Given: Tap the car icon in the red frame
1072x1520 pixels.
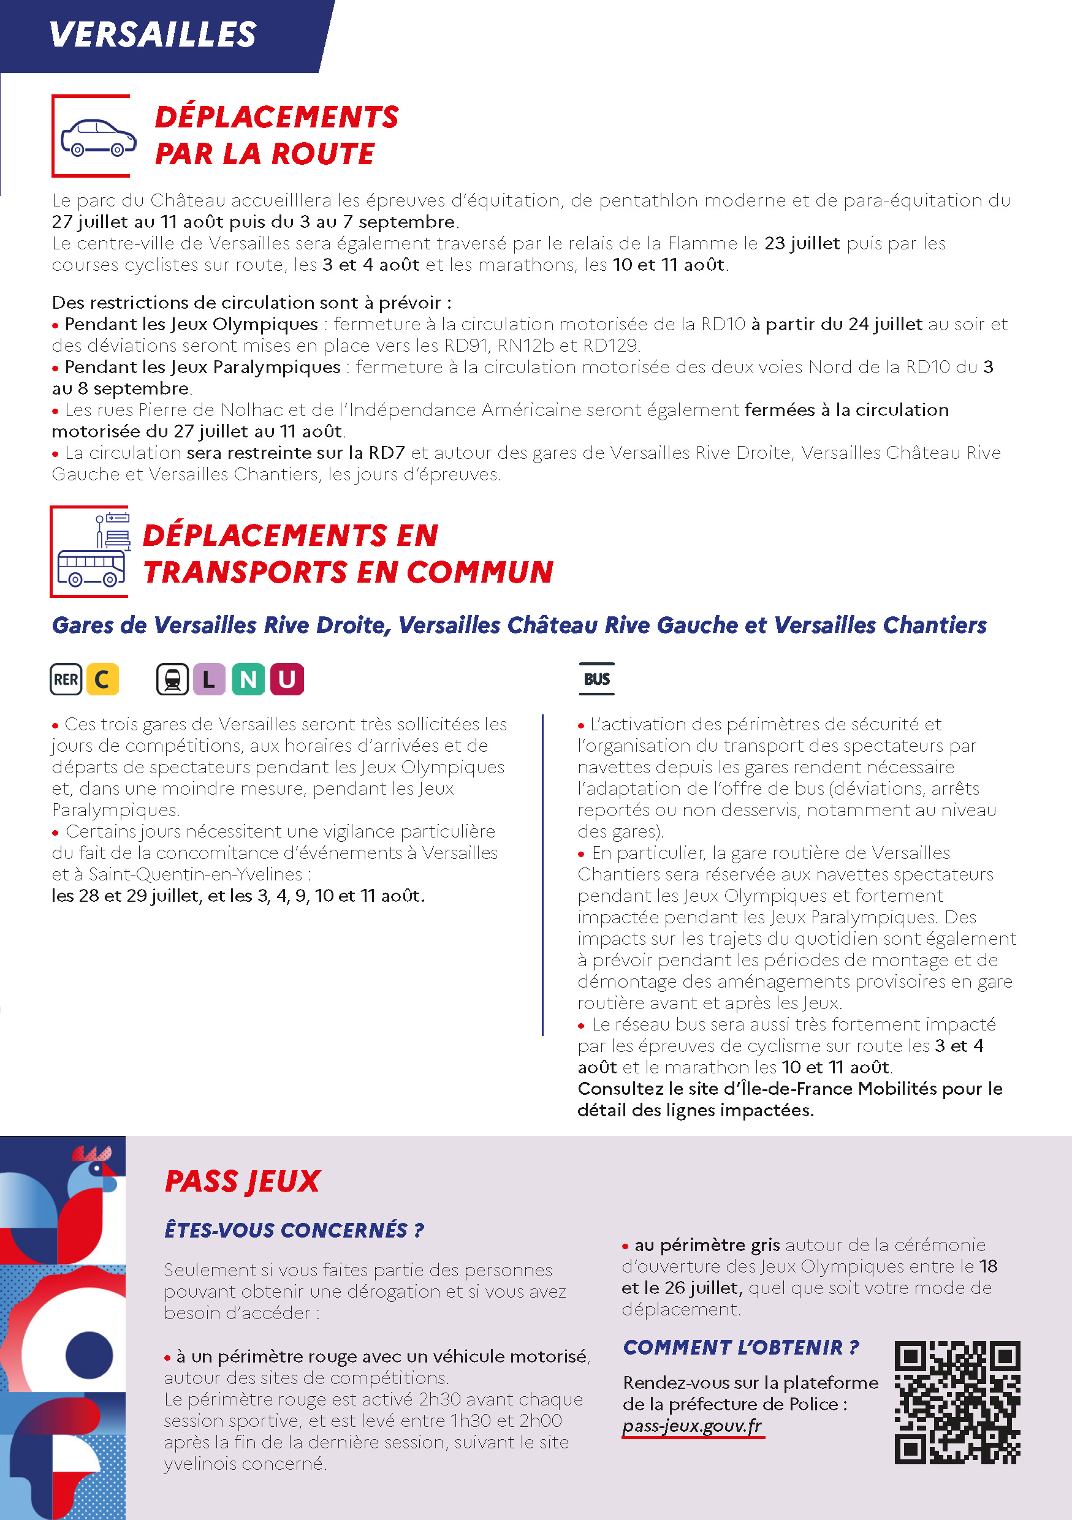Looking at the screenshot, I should click(98, 138).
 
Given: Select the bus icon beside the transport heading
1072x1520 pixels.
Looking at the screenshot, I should click(91, 569).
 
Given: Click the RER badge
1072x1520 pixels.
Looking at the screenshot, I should click(66, 679).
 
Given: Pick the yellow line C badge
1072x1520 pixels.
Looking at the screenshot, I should click(102, 679).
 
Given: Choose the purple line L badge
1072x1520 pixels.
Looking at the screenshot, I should click(209, 679).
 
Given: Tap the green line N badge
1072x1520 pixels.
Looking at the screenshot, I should click(248, 679).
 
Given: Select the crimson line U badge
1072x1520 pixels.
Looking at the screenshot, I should click(287, 679).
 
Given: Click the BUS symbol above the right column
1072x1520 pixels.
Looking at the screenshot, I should click(596, 679).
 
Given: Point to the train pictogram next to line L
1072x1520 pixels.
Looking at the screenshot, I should click(173, 679).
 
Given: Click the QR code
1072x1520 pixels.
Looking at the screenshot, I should click(957, 1402).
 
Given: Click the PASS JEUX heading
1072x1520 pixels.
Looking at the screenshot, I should click(242, 1182).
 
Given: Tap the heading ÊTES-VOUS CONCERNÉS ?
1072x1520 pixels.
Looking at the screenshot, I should click(294, 1230).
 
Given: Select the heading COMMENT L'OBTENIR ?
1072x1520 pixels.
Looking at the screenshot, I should click(741, 1347).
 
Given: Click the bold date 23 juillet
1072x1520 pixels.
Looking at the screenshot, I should click(802, 244).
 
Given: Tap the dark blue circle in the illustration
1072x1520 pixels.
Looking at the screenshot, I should click(89, 1355).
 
